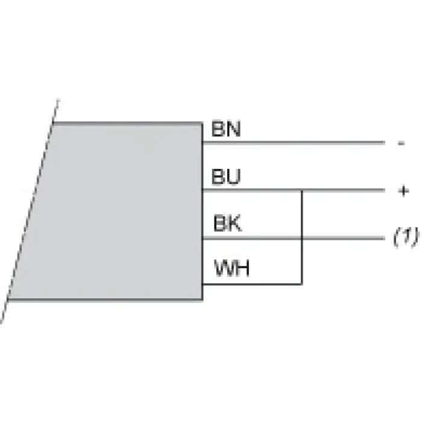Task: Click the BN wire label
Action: tap(226, 129)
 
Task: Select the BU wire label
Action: tap(226, 177)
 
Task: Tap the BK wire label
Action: tap(227, 223)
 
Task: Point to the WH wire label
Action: tap(231, 268)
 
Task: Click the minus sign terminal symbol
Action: tap(402, 143)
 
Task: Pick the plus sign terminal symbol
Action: tap(403, 191)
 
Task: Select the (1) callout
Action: tap(406, 236)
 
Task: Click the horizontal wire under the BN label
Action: tap(294, 143)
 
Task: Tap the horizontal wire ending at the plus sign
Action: tap(294, 191)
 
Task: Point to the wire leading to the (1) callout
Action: tap(294, 238)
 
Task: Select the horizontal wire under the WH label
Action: tap(252, 284)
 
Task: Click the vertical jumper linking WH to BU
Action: tap(302, 237)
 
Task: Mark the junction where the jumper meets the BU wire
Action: tap(302, 191)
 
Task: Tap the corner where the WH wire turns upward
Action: tap(302, 284)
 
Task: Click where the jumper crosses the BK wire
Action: tap(302, 238)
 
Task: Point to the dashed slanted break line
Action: tap(30, 211)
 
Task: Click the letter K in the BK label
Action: tap(234, 223)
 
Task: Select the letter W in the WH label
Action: tap(224, 268)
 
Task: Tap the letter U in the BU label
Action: tap(233, 177)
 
